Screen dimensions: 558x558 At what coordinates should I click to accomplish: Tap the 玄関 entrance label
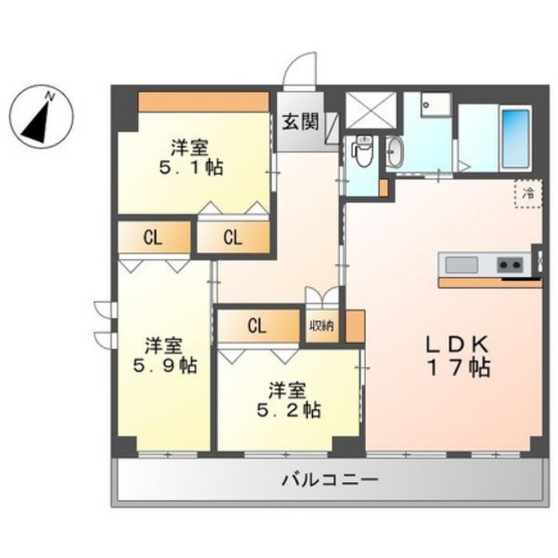pos(300,122)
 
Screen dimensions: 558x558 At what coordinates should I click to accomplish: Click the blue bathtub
pos(515,139)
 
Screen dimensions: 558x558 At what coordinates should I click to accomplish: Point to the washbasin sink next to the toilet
pos(394,151)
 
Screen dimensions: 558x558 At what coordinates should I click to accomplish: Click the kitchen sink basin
pos(462,265)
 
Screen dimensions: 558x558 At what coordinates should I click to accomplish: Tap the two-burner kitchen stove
pos(510,265)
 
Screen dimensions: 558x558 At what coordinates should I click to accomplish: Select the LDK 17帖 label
pos(458,356)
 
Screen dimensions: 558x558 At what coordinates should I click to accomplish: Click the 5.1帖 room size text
pos(191,167)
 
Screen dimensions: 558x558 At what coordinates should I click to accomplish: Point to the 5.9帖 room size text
pos(165,366)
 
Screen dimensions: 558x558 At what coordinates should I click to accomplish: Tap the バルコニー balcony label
pos(330,481)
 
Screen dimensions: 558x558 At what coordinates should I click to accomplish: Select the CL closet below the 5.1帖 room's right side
pos(233,238)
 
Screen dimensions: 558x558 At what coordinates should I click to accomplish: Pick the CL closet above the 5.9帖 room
pos(154,238)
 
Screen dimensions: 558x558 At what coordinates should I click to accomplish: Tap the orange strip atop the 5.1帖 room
pos(203,102)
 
